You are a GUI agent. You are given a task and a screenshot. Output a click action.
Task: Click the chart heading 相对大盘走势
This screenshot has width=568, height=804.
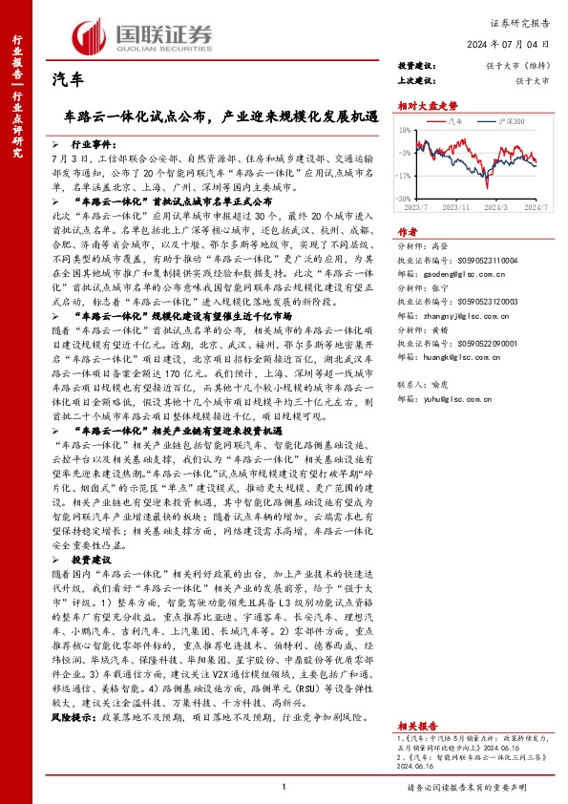click(x=422, y=107)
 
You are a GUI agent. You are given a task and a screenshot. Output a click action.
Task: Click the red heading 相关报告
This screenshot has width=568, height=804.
click(x=415, y=699)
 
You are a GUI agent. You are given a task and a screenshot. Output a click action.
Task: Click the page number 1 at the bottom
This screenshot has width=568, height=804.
click(x=284, y=787)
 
